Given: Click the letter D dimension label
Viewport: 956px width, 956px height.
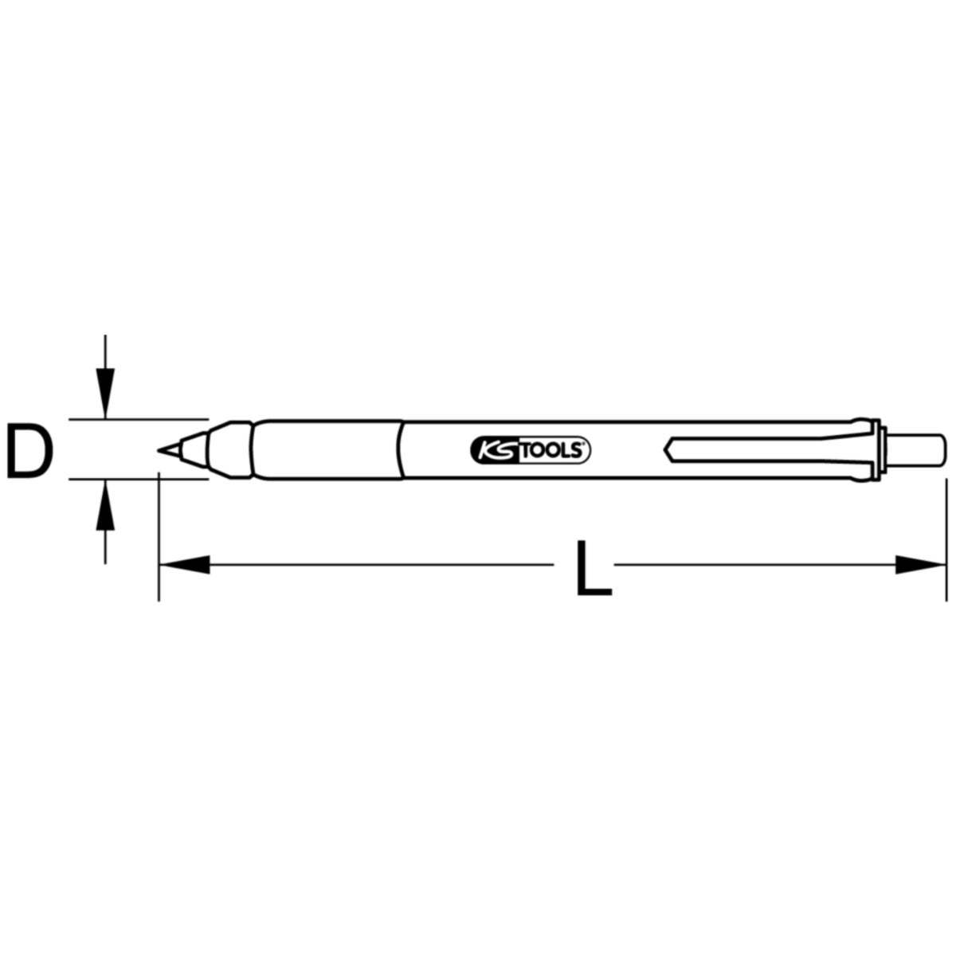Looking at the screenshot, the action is tap(29, 450).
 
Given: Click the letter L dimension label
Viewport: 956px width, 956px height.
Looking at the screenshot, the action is tap(594, 568).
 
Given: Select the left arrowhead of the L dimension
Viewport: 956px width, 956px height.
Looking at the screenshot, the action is tap(185, 565).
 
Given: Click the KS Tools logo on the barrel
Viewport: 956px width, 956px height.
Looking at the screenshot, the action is tap(530, 450).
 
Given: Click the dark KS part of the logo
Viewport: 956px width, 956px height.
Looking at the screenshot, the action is tap(495, 450).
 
